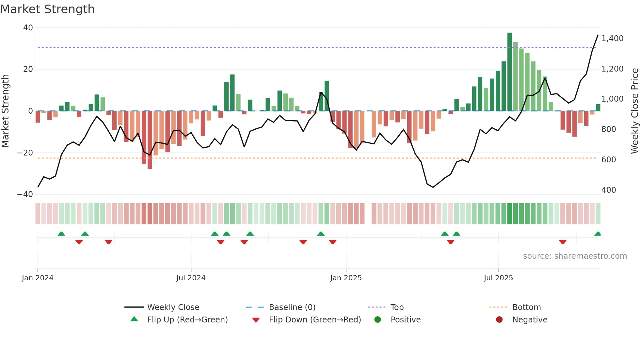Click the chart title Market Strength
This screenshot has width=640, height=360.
[48, 9]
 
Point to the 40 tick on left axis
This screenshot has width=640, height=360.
[28, 28]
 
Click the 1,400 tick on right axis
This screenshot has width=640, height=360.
[612, 39]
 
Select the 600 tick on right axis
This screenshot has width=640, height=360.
[609, 160]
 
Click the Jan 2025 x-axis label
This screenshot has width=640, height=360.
[346, 278]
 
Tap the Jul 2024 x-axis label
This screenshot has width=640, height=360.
[191, 278]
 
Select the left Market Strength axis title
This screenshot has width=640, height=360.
[6, 111]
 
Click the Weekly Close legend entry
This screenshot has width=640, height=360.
[173, 307]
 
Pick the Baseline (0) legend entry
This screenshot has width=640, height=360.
[292, 307]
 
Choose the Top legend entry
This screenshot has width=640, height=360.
[397, 307]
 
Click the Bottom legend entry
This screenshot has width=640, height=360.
[526, 307]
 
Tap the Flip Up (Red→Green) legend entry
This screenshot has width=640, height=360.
[187, 320]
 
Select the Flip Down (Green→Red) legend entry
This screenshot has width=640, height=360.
[315, 320]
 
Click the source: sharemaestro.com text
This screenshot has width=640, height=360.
[575, 256]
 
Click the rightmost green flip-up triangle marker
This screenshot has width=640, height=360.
[598, 234]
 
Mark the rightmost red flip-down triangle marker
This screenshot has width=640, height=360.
[562, 242]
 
